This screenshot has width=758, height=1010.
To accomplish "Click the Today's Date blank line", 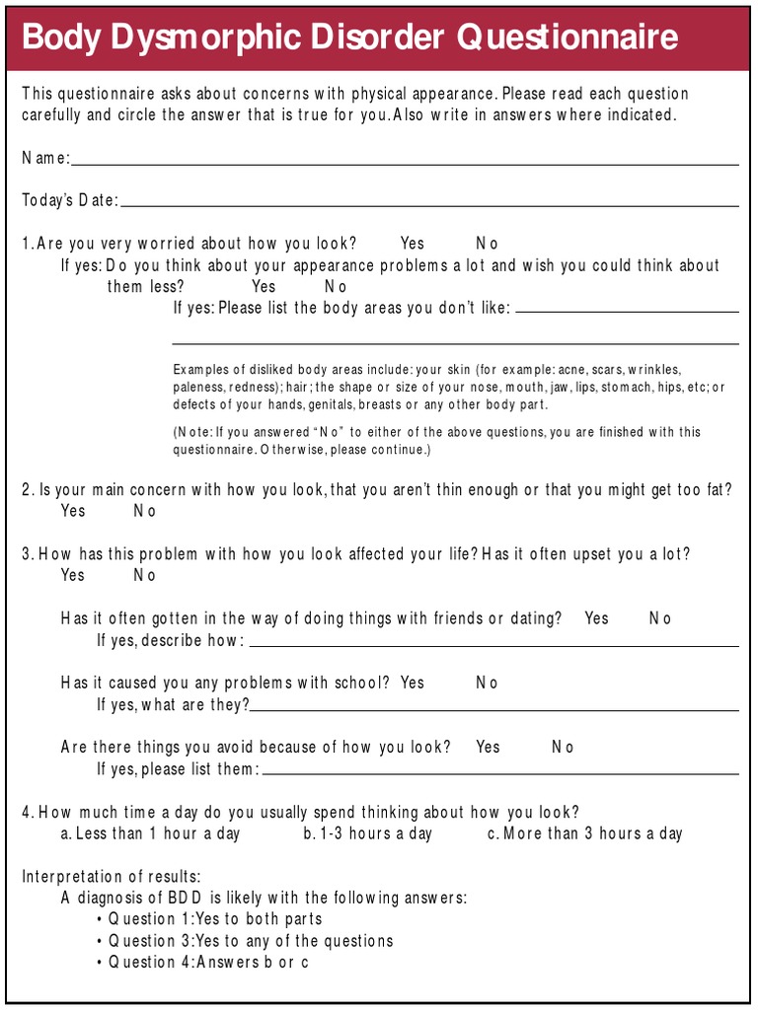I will pos(429,203).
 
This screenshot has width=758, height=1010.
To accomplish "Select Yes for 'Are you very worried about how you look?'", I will pos(413,244).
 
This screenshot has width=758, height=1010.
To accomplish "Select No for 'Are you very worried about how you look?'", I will pos(487,244).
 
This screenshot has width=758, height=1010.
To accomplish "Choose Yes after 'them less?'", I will pos(264,287).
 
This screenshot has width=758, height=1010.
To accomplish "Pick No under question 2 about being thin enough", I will pos(145,511).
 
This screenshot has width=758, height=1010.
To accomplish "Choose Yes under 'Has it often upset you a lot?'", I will pos(73,575).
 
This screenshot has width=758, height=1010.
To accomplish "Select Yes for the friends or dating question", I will pos(596,618).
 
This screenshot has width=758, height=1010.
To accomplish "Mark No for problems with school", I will pos(487,683).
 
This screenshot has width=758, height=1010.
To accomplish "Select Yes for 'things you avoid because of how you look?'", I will pos(488,747).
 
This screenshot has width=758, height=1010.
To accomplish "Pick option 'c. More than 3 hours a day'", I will pos(584,833).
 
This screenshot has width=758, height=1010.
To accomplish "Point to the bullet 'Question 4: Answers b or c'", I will pos(208,962).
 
